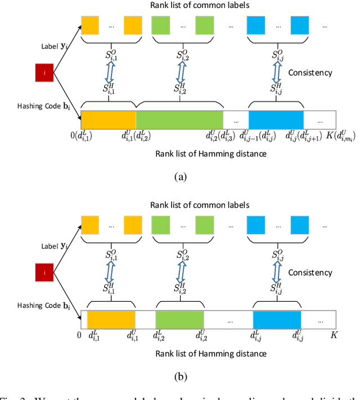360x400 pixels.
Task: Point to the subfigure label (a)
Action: (179, 176)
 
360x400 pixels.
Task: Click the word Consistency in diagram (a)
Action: (310, 73)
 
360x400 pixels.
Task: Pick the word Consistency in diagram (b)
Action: (310, 272)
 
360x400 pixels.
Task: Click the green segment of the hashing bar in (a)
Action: (179, 120)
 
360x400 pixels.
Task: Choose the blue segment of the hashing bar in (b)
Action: (277, 320)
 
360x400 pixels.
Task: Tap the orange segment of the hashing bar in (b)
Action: (111, 320)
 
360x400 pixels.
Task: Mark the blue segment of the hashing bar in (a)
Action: (276, 120)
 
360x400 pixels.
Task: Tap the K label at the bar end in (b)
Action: (332, 336)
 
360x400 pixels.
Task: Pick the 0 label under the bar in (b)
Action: (79, 336)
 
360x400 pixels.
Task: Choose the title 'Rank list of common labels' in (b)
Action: (208, 205)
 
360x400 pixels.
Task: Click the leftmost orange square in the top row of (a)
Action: (90, 25)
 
